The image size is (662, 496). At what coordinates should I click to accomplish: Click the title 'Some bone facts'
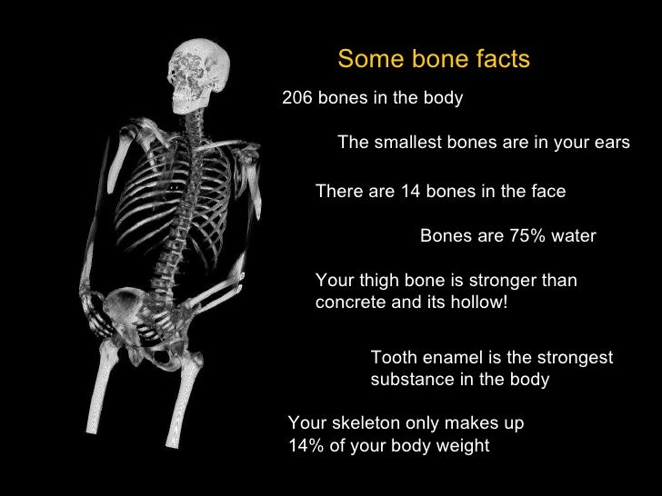click(433, 60)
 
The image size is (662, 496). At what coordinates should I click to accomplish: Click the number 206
click(297, 98)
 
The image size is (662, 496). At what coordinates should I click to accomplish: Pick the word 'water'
click(573, 236)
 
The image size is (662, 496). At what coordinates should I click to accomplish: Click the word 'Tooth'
click(392, 358)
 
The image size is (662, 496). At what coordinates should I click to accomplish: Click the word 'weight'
click(463, 446)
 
